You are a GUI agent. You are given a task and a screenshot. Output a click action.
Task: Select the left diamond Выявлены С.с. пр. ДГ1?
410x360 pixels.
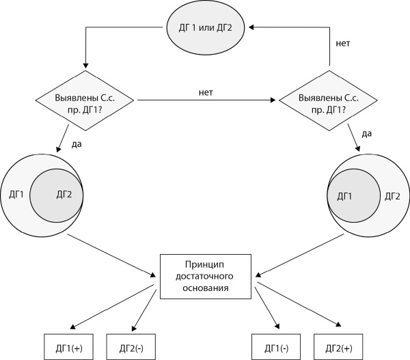[85, 101]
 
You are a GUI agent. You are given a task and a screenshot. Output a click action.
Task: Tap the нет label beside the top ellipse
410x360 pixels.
[343, 43]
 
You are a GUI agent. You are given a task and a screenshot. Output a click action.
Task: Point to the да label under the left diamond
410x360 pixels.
[76, 144]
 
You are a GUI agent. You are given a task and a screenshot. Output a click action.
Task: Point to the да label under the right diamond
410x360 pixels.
[366, 133]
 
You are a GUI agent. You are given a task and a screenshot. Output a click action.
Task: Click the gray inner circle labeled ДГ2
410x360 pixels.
[57, 195]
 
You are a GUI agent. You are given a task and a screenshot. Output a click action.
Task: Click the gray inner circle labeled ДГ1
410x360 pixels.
[353, 195]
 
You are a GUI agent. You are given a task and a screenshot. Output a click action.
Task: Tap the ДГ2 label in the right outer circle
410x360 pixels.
[392, 195]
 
